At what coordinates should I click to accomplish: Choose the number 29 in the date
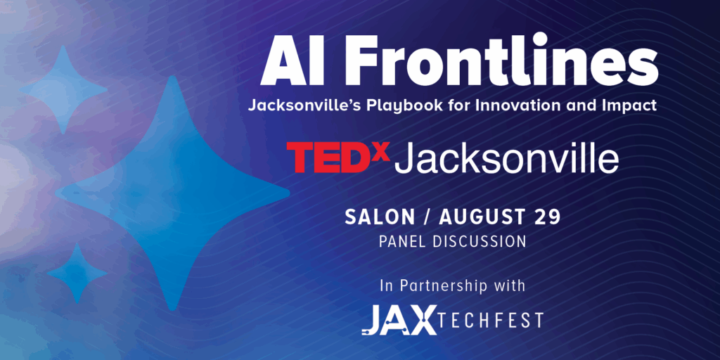click(x=547, y=217)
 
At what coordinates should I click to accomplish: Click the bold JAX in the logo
click(x=399, y=320)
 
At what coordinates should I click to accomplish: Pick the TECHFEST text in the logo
click(x=491, y=320)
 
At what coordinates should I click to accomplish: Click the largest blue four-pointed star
click(x=172, y=193)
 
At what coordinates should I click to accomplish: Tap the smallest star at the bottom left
click(x=77, y=274)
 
